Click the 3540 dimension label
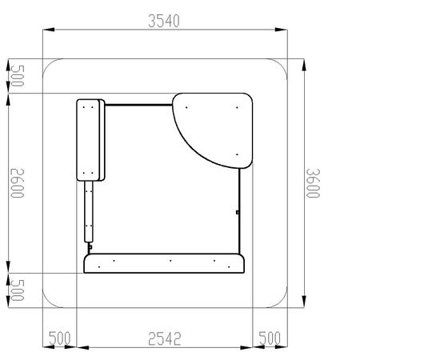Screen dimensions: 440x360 pyautogui.click(x=164, y=21)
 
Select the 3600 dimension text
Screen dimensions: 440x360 pyautogui.click(x=313, y=183)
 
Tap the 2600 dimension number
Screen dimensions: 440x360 pyautogui.click(x=18, y=183)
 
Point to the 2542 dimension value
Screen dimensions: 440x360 pyautogui.click(x=165, y=338)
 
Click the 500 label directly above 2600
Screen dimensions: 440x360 pyautogui.click(x=18, y=76)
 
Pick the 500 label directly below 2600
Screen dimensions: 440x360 pyautogui.click(x=18, y=290)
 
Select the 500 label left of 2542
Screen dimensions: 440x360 pyautogui.click(x=59, y=338)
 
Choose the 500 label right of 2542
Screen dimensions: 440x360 pyautogui.click(x=270, y=338)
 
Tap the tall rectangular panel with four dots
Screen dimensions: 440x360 pyautogui.click(x=90, y=140)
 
